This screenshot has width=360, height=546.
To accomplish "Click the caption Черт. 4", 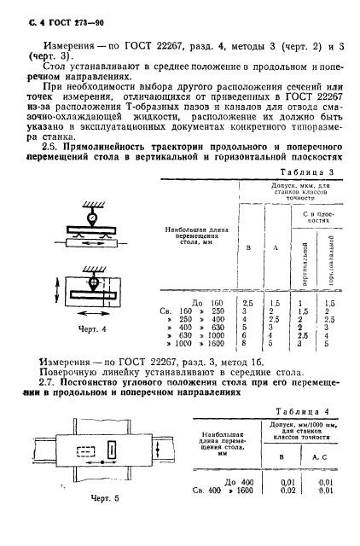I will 79,328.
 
